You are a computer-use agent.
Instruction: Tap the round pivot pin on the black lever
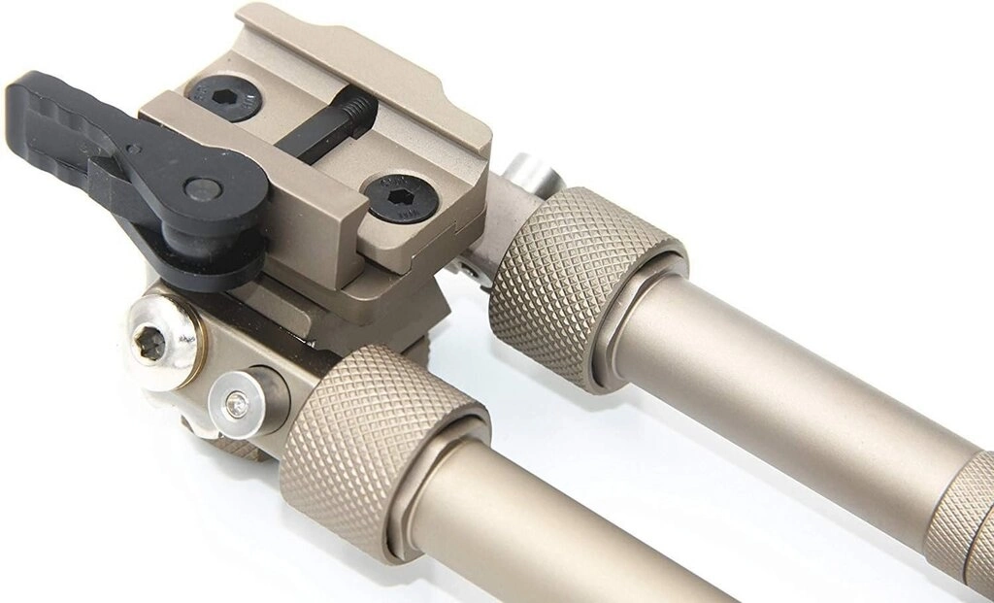(x=201, y=187)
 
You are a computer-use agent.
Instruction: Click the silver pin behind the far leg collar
(x=532, y=175)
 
